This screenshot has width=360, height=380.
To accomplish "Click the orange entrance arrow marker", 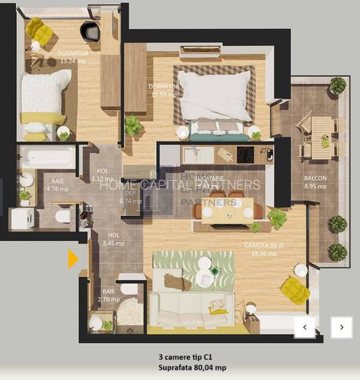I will tap(73, 259).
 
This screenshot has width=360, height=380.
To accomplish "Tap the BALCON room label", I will tap(315, 179).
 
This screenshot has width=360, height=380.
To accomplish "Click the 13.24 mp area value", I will tap(73, 60).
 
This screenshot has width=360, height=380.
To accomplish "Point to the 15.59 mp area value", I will tap(164, 94).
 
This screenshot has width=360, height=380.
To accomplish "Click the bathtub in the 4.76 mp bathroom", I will tap(47, 158).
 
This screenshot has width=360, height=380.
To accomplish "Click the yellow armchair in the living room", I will tap(295, 290).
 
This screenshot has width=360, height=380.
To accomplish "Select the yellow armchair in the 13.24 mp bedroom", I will tap(39, 31).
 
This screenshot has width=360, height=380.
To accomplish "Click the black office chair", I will tap(90, 31).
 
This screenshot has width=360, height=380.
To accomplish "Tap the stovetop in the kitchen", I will tap(245, 155).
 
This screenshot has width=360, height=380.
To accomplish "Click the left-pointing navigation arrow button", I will tap(305, 327).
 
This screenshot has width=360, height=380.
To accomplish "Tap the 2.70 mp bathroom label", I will tap(109, 295).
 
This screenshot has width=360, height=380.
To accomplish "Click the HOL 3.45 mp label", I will tap(113, 239).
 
